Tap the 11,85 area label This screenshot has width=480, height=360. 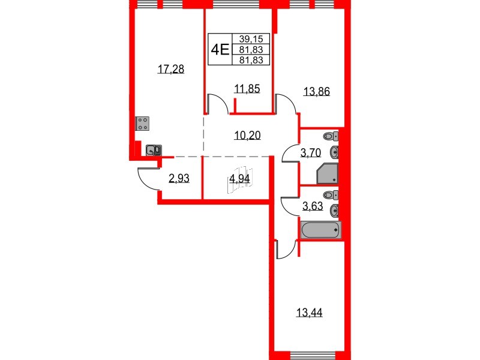[x=247, y=90]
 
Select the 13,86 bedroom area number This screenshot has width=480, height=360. [x=317, y=92]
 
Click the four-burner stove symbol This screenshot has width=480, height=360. [x=143, y=124]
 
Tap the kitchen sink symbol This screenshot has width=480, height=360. [x=153, y=150]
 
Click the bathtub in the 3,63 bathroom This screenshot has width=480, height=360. [x=321, y=230]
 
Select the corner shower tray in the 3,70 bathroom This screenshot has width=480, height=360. [x=328, y=175]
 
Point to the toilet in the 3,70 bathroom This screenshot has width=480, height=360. [x=331, y=136]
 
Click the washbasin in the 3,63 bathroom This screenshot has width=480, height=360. [x=335, y=211]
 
